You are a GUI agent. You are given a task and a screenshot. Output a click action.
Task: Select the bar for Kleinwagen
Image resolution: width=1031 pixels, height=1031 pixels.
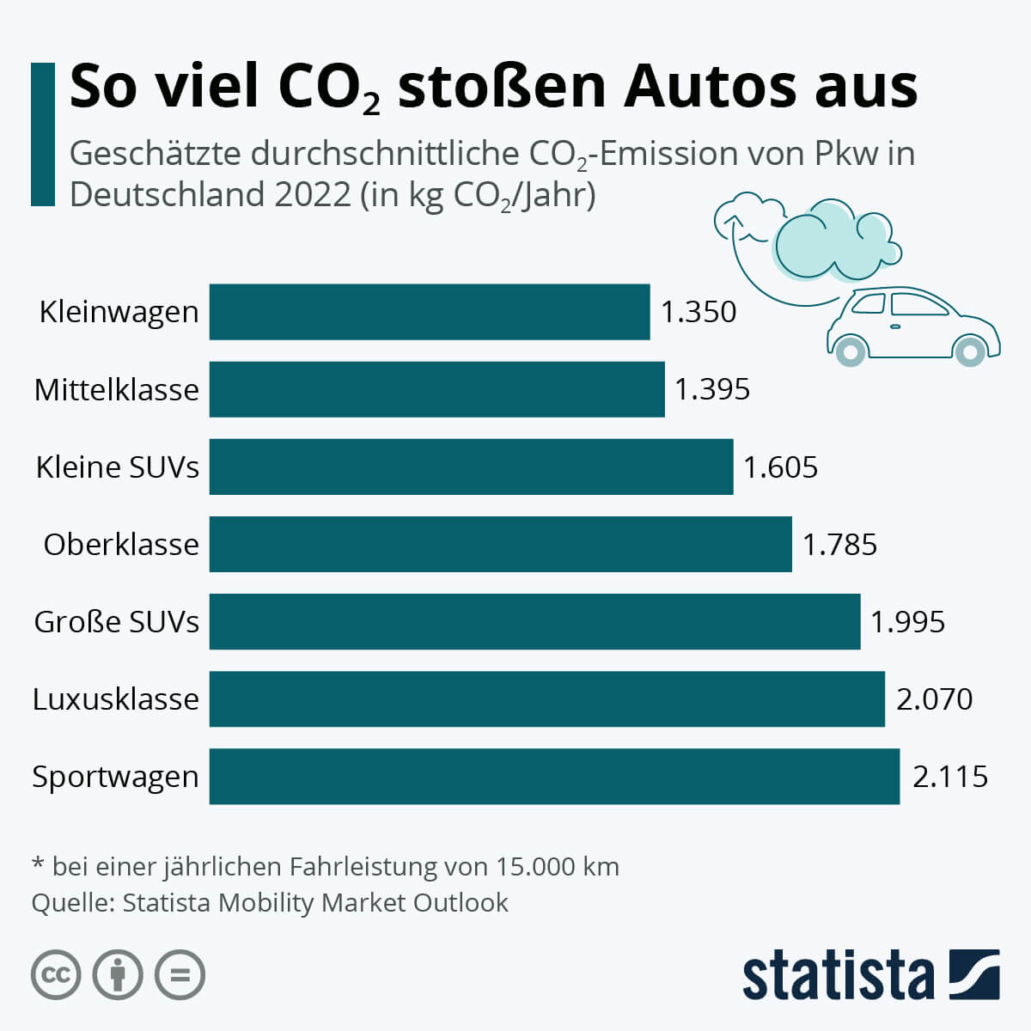[430, 312]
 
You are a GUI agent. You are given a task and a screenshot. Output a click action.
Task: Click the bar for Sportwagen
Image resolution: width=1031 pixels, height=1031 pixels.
[554, 777]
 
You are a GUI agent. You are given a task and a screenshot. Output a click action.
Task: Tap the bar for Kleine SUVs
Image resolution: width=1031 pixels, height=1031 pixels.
[471, 467]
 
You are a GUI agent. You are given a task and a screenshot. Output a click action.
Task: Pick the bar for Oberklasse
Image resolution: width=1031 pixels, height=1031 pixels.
[500, 544]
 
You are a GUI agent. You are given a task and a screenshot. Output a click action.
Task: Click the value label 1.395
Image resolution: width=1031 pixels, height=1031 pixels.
[711, 389]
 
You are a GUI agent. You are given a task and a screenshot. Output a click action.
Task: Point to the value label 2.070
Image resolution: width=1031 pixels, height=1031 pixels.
[934, 699]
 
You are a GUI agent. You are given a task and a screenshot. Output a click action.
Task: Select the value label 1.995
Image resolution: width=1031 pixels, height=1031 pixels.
[907, 622]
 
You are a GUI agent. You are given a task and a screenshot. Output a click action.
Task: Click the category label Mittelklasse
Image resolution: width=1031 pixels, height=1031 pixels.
[116, 390]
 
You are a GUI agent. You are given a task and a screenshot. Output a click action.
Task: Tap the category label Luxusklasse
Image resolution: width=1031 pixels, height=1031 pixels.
[115, 699]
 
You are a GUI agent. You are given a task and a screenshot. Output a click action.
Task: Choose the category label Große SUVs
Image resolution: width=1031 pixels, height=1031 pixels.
[116, 622]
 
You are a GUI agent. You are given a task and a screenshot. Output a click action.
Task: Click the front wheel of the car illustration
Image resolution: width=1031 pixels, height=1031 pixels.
[970, 351]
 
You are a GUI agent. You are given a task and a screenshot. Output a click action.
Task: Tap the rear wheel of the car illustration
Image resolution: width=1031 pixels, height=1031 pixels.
[851, 351]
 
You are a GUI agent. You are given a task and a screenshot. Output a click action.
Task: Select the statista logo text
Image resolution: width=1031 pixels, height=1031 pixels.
[838, 975]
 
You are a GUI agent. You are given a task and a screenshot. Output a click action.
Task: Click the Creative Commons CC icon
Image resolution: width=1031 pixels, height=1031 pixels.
[56, 975]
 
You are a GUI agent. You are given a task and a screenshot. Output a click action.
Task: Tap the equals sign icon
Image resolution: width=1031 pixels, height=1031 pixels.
[180, 975]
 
